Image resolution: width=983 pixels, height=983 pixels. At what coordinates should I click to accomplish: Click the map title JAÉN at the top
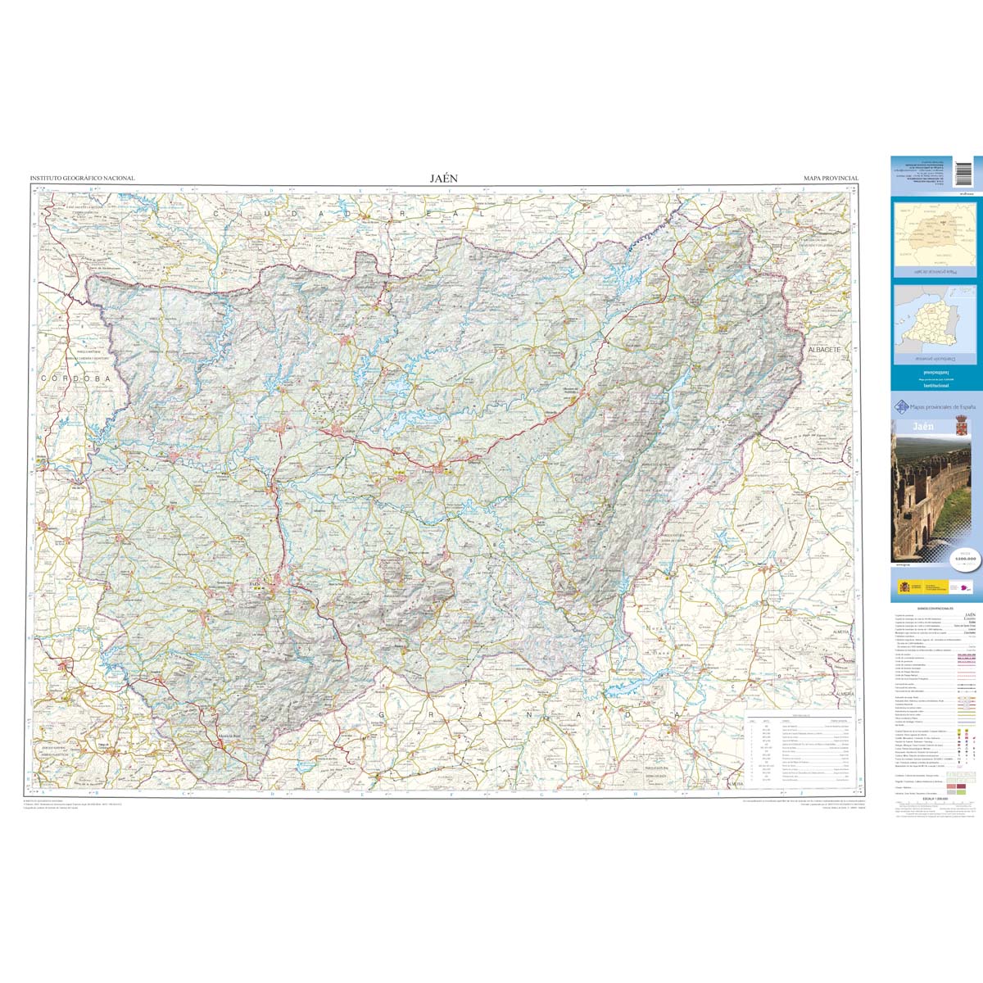(x=444, y=178)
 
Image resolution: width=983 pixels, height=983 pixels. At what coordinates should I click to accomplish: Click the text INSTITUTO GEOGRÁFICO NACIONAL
(x=82, y=178)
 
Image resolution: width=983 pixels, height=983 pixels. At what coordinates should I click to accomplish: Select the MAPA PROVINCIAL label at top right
(x=831, y=178)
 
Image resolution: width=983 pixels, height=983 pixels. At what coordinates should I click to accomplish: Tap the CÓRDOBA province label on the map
(x=75, y=379)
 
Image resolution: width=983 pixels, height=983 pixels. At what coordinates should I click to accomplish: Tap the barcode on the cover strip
(x=963, y=174)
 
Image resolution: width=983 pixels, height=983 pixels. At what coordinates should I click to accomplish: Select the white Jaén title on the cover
(x=911, y=426)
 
